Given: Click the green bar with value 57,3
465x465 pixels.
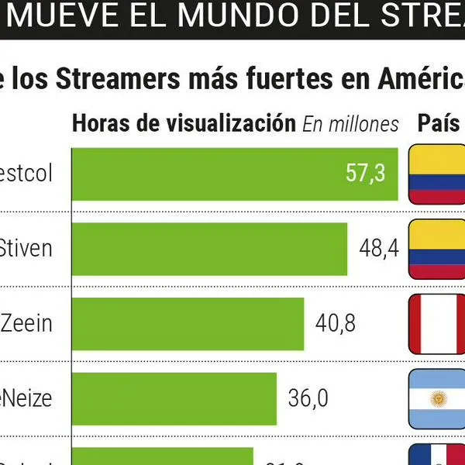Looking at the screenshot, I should coord(232,174).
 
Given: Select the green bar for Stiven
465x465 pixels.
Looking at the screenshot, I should coord(209,248).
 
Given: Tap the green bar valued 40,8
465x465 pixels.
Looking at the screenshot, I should coord(188,322).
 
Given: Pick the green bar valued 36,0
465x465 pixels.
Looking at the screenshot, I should coord(174,398).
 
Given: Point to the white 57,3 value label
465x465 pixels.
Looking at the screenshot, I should coord(365,174).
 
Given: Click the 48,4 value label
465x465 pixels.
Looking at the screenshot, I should coord(379,248).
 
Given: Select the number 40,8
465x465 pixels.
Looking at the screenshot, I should coord(335,322).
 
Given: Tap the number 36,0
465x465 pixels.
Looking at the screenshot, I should coord(308,398).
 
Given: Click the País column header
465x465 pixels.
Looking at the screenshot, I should coord(439,123).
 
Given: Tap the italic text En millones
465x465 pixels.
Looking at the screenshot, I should coord(350,124).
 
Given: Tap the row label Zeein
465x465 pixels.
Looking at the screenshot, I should coord(26,322).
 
